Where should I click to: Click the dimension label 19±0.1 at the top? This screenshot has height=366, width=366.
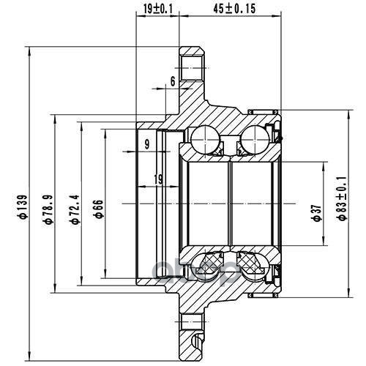[x=158, y=10]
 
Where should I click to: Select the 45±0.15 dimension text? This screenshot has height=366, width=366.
[x=234, y=9]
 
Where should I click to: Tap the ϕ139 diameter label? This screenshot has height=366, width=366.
[x=24, y=206]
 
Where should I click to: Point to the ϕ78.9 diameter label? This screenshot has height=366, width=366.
[x=48, y=209]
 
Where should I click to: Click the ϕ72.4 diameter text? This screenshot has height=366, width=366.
[x=75, y=209]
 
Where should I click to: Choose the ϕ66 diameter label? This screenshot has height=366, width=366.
[x=99, y=209]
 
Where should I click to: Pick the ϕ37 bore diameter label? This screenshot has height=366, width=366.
[x=317, y=213]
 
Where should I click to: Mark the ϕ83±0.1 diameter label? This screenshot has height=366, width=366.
[x=343, y=198]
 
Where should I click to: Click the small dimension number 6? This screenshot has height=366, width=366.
[x=173, y=81]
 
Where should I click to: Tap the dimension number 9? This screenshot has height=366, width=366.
[x=147, y=144]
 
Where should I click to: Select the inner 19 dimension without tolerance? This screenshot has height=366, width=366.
[x=159, y=179]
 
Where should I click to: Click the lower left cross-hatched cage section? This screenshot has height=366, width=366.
[x=210, y=263]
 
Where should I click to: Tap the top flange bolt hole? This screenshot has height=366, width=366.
[x=192, y=68]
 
